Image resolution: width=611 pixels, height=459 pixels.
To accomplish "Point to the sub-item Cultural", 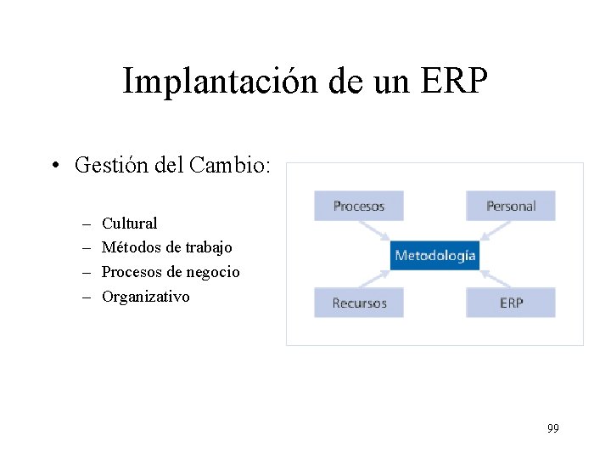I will (x=129, y=224).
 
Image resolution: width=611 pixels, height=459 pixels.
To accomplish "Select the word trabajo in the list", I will (x=208, y=247).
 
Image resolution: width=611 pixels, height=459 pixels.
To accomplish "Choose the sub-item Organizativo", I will (x=145, y=297).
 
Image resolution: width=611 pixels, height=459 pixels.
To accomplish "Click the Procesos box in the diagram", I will (x=358, y=206).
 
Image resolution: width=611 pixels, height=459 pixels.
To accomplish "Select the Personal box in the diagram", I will (x=510, y=206).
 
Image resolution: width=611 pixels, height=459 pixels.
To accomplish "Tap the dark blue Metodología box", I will (x=435, y=255).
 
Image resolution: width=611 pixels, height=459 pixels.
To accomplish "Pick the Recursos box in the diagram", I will (x=358, y=303).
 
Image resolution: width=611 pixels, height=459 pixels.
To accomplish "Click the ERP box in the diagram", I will (x=510, y=303).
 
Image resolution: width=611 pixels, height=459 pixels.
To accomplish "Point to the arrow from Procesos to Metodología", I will (x=374, y=231).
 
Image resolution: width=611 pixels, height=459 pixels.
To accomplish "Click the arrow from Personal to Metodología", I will (x=496, y=231).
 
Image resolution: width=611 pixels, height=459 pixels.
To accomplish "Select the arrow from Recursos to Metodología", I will (x=374, y=278).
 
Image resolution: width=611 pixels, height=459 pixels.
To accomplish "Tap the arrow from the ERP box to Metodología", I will (x=496, y=278).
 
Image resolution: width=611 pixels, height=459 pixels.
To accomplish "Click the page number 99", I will (x=552, y=428).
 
